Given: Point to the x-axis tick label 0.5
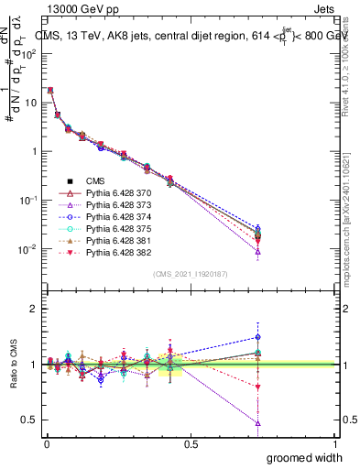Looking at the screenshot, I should (x=191, y=443).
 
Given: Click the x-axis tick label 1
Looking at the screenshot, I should (x=335, y=443).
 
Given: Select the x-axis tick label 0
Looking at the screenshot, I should (x=46, y=443).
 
